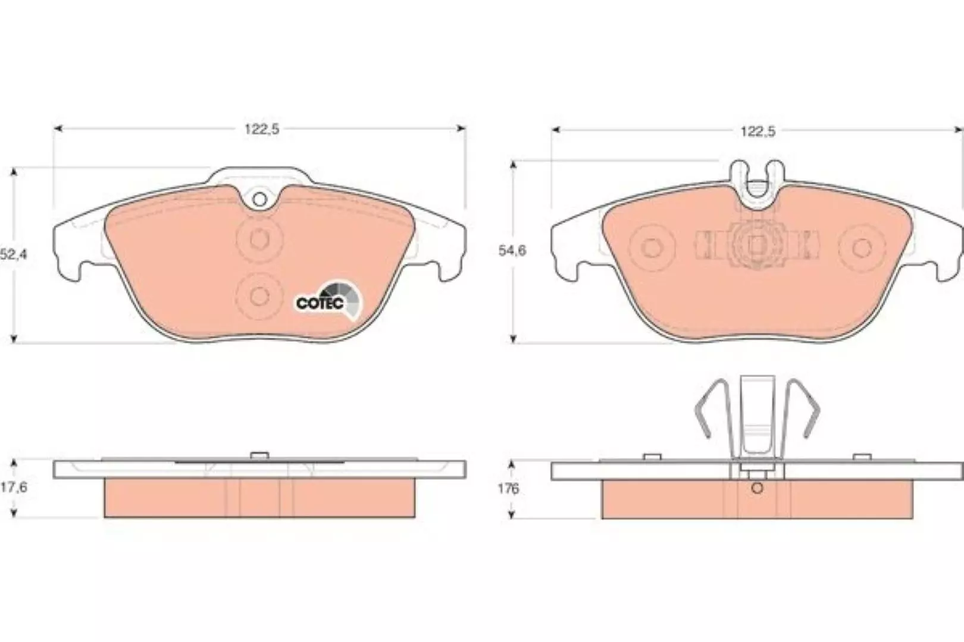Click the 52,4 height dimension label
[x=14, y=254]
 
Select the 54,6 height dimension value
[x=512, y=251]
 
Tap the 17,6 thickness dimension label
[x=14, y=487]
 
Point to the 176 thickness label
[x=508, y=489]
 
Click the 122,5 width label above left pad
[x=262, y=129]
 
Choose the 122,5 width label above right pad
[x=758, y=131]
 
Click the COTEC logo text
[x=320, y=304]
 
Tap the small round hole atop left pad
[x=259, y=199]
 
